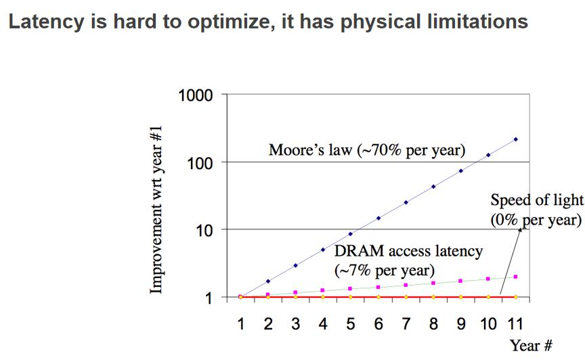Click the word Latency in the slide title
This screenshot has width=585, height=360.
(42, 22)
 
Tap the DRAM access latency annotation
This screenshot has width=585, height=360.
(408, 260)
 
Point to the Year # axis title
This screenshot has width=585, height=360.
(535, 345)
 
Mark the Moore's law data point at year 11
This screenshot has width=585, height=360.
(515, 139)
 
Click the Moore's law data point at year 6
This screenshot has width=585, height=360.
(378, 218)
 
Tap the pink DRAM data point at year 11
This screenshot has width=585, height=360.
(515, 276)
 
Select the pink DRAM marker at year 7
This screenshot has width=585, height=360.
(406, 286)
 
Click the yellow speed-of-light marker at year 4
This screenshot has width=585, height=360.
(323, 297)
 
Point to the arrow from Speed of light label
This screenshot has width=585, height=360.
(511, 261)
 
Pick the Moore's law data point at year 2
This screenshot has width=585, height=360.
(268, 281)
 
